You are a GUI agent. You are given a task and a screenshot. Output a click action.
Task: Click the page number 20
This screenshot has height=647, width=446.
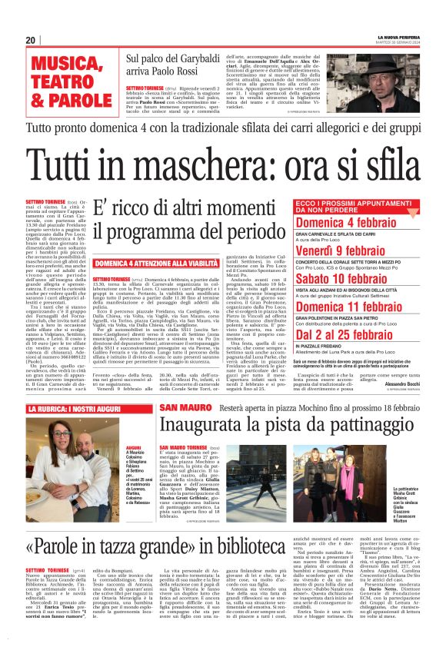click(x=31, y=40)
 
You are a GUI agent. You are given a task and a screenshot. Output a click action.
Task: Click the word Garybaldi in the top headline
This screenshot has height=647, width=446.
click(x=201, y=57)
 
